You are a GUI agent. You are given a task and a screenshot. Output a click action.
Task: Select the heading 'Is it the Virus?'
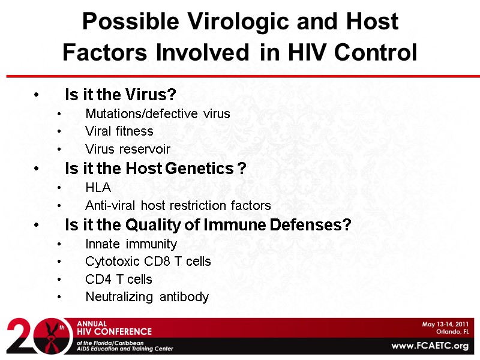120,95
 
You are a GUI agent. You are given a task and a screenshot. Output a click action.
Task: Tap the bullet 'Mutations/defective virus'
158,113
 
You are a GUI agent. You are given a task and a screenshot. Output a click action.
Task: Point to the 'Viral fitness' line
119,131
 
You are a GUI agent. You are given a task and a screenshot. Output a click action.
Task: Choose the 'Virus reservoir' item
128,149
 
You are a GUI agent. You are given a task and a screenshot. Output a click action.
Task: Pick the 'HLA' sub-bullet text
98,188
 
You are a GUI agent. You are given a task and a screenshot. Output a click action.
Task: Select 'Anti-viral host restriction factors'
178,205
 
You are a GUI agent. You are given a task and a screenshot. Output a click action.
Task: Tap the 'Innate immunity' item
131,244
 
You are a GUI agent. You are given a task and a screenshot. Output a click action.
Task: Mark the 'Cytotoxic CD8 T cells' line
148,262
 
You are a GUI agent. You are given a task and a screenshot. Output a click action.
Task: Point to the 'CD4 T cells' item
119,280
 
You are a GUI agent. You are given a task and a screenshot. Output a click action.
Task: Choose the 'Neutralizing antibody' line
147,297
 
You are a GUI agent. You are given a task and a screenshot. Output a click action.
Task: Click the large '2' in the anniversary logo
21,336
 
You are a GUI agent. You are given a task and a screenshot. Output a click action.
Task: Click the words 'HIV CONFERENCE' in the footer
114,332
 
